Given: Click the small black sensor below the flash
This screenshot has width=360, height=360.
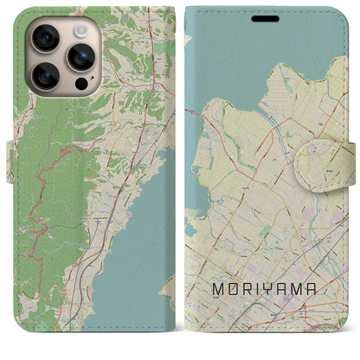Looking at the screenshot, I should pos(81,87).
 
